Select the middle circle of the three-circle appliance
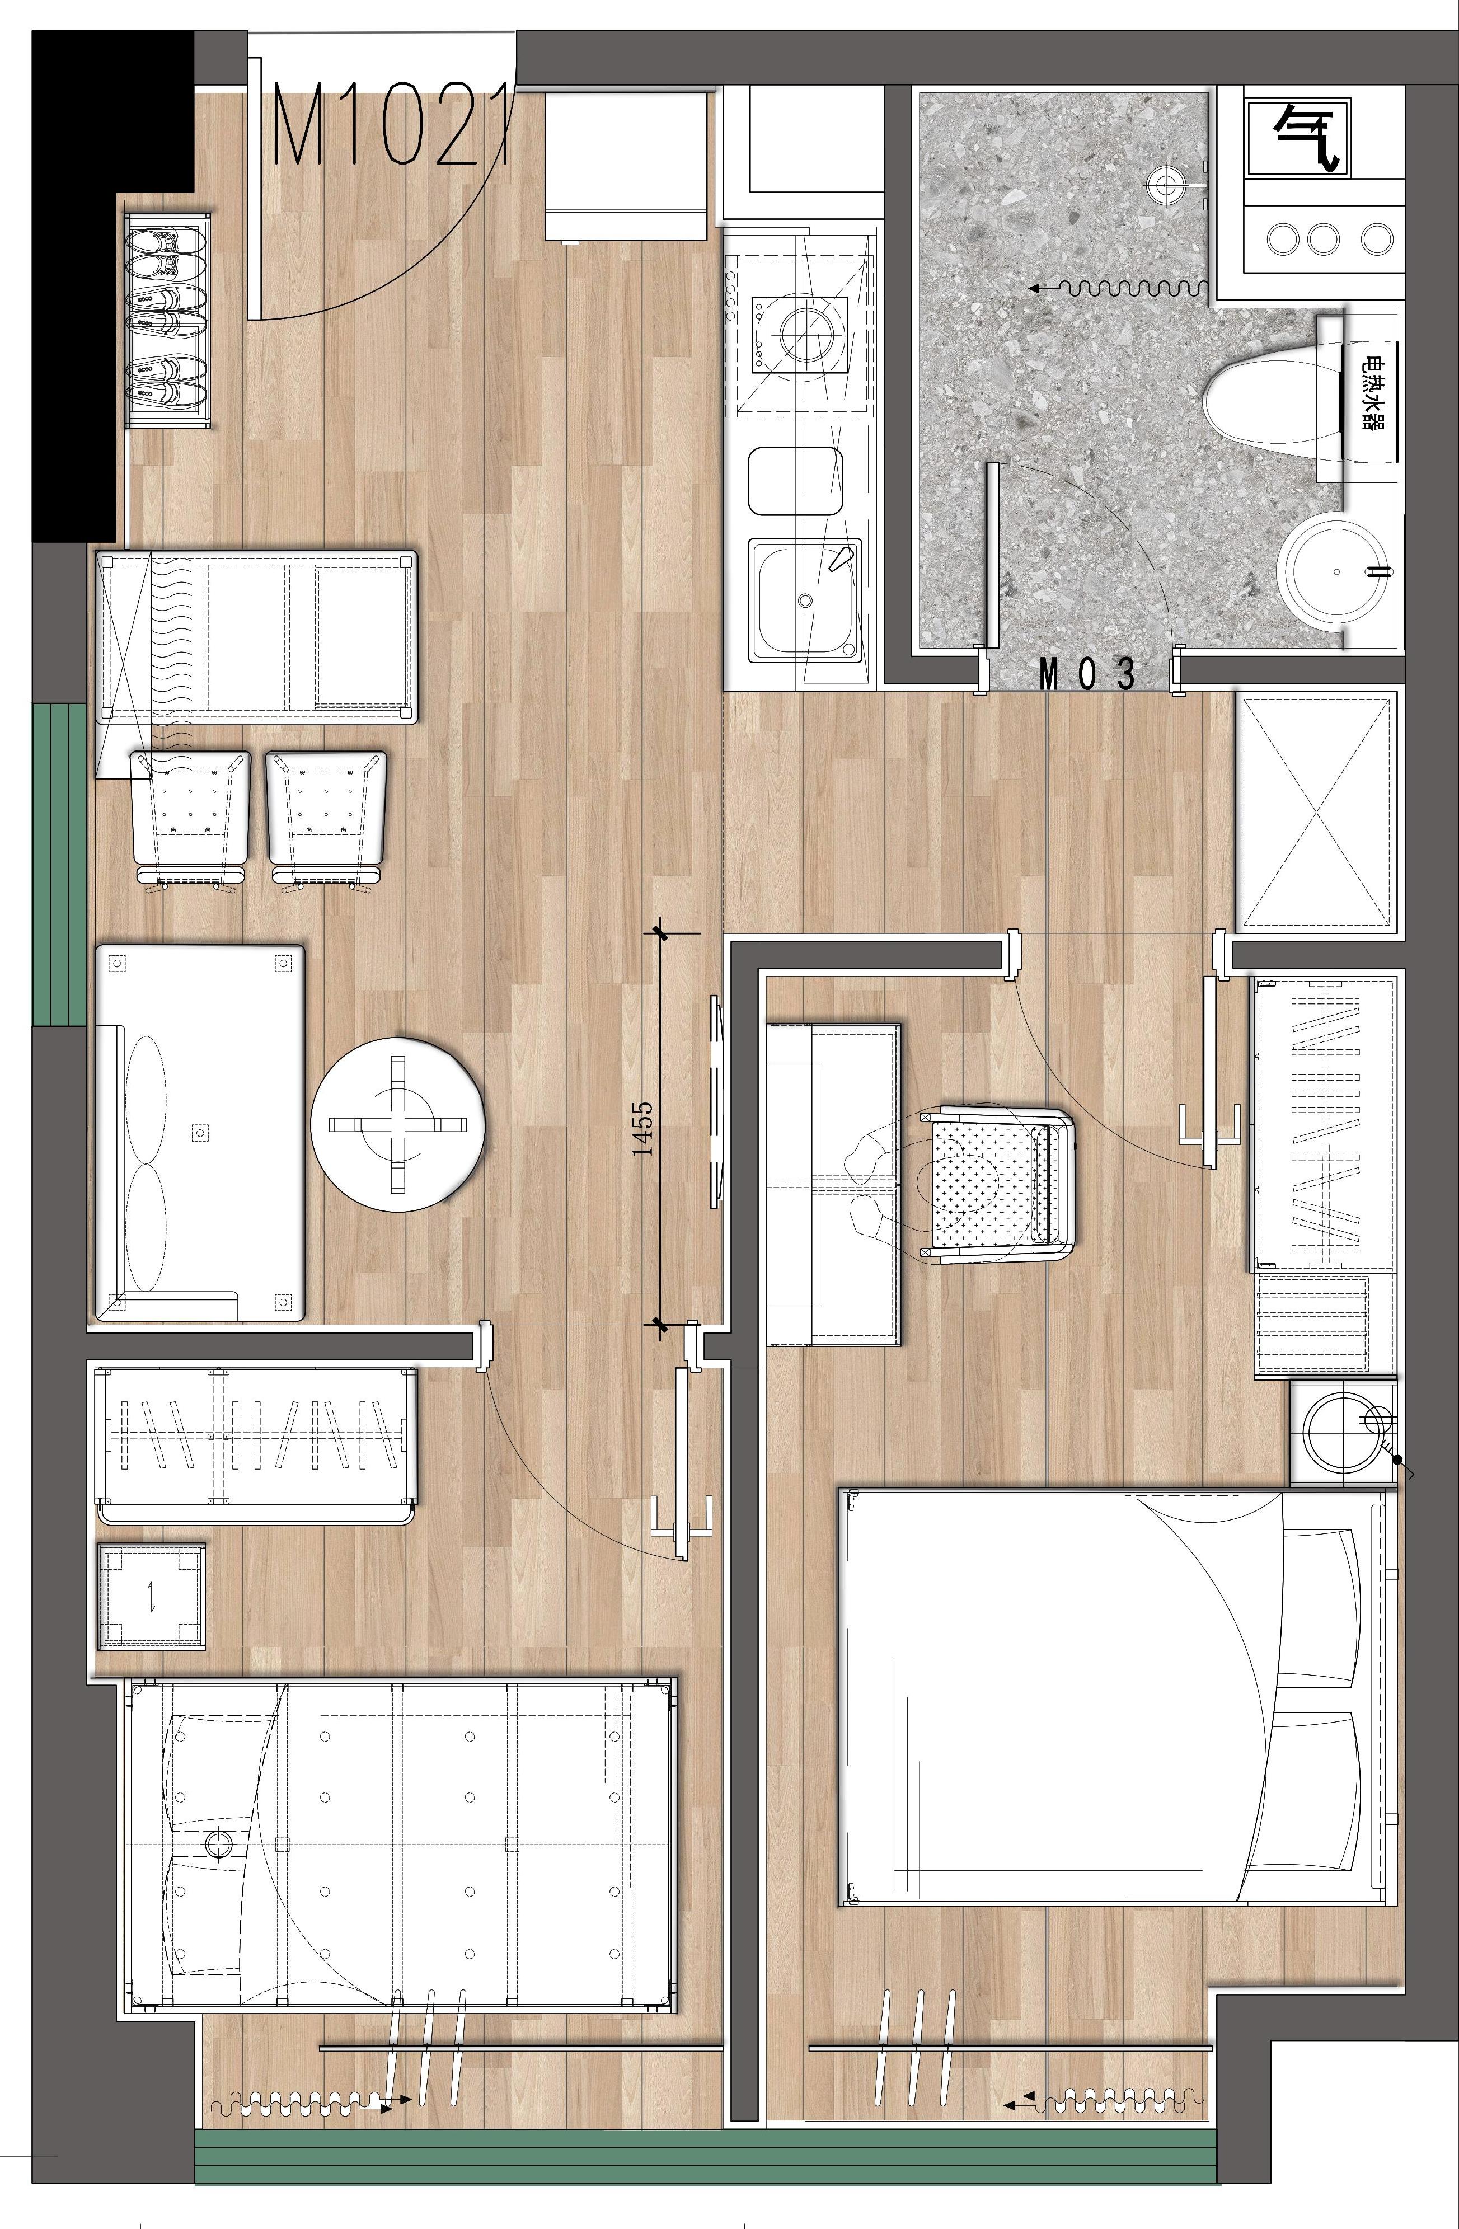pos(1322,239)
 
